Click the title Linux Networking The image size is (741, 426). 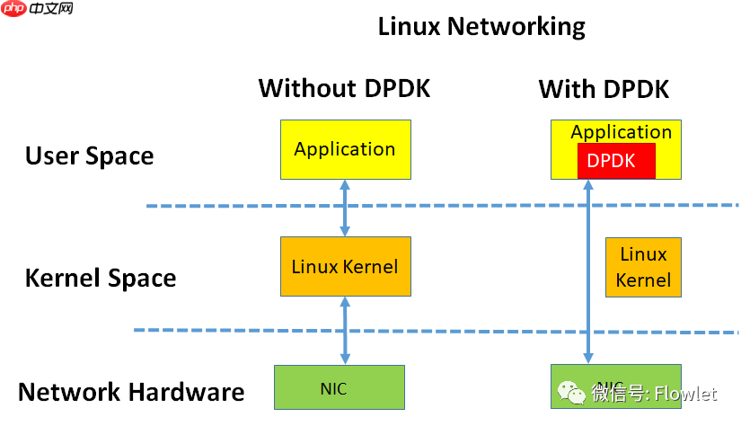[481, 26]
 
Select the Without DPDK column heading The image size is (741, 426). [344, 89]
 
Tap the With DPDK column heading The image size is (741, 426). [604, 89]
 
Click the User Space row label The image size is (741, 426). [89, 155]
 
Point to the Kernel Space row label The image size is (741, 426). [101, 278]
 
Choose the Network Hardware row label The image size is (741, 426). [131, 393]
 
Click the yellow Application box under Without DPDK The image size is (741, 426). [345, 149]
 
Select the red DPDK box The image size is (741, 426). [615, 161]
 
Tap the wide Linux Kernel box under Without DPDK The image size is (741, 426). [345, 267]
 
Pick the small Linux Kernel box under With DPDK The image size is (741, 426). [643, 267]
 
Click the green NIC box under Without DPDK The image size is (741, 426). [340, 388]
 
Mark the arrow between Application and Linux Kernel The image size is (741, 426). [345, 208]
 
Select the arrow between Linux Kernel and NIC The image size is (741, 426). [345, 330]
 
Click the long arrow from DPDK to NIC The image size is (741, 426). [589, 270]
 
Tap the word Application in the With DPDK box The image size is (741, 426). [621, 132]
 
